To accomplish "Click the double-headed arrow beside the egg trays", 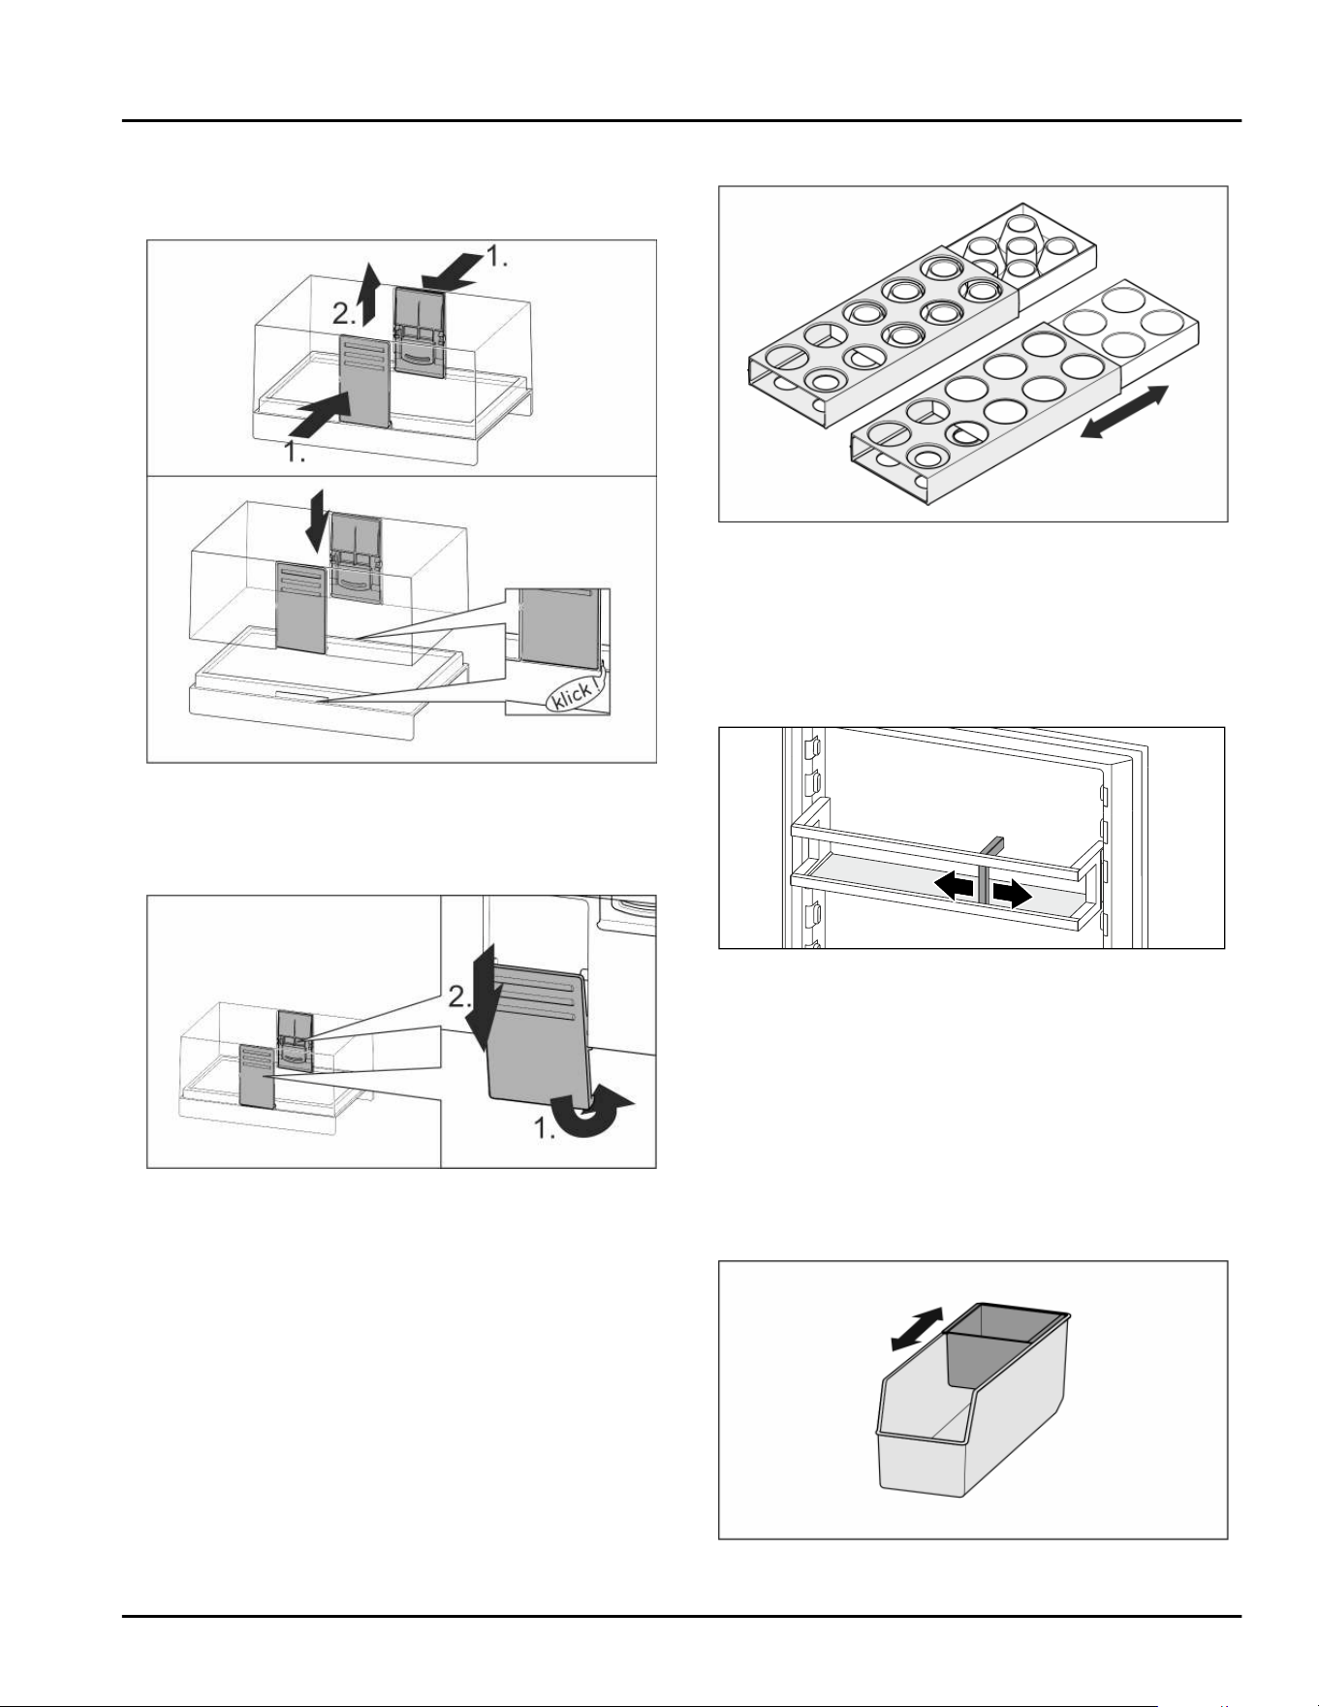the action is (x=1125, y=412).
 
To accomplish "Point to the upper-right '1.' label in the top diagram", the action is (x=496, y=256).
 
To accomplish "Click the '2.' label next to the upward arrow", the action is (x=345, y=313).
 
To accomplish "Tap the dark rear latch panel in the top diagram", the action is (x=420, y=331).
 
